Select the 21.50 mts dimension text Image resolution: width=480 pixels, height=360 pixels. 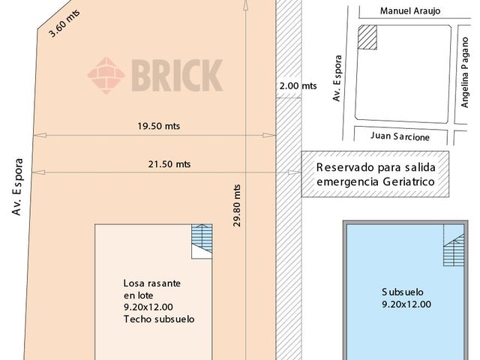click(x=169, y=163)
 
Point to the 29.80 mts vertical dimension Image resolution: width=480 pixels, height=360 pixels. click(x=237, y=205)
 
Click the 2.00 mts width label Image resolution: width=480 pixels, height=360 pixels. click(x=298, y=86)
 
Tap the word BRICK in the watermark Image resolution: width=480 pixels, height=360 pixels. click(x=177, y=75)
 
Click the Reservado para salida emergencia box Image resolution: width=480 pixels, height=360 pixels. click(x=374, y=175)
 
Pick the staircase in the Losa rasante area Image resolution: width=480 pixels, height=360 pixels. click(x=202, y=241)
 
